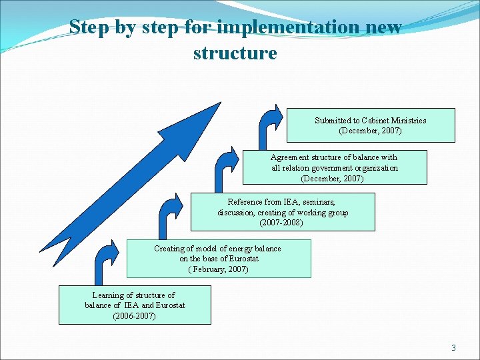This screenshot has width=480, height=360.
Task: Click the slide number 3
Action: coord(453,347)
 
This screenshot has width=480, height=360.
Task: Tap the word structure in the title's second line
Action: coord(235,52)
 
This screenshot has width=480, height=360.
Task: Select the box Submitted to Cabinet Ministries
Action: coord(371,125)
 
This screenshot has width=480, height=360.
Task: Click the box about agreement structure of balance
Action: coord(334,167)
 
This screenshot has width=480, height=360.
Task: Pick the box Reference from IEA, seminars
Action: coord(282,212)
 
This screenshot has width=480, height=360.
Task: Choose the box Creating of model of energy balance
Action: coord(218,259)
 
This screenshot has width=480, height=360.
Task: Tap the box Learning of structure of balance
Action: coord(134,305)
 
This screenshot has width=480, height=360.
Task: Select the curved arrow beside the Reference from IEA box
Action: coord(169,212)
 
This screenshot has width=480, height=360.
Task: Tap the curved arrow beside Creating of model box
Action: coord(107,260)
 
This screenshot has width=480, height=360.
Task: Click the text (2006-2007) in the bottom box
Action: coord(134,315)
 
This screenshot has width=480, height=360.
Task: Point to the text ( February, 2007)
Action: coord(217,269)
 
